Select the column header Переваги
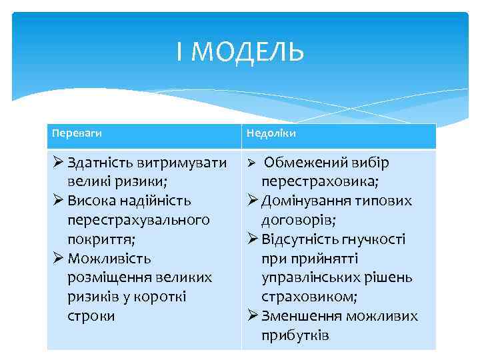point(77,133)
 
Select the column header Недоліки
point(271,133)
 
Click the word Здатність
point(99,163)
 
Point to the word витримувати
point(180,163)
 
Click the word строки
point(91,315)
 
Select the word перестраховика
point(320,181)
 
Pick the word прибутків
point(295,335)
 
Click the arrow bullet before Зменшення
point(253,315)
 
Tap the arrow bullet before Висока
point(59,201)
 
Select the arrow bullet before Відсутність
point(253,239)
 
